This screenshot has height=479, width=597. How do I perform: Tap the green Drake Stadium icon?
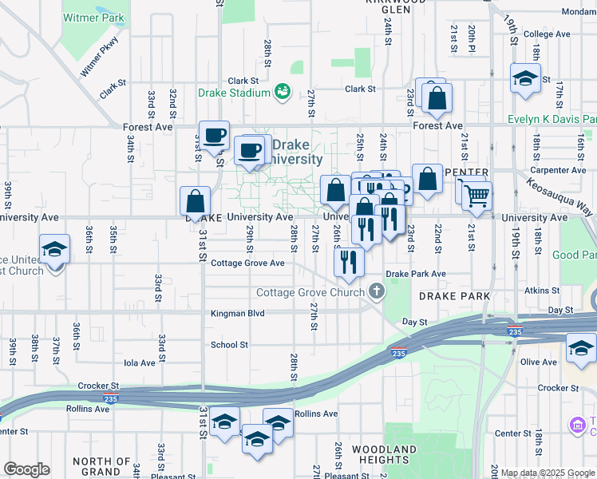pyautogui.click(x=283, y=93)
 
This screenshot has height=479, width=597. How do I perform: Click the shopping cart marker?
pyautogui.click(x=476, y=194)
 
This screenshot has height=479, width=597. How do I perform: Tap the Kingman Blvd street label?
pyautogui.click(x=237, y=314)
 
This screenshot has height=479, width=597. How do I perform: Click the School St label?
pyautogui.click(x=229, y=345)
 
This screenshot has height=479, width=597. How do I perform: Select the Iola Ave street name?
pyautogui.click(x=138, y=362)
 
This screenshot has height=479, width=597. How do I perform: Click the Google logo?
pyautogui.click(x=26, y=469)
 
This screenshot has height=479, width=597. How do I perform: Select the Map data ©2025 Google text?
pyautogui.click(x=548, y=473)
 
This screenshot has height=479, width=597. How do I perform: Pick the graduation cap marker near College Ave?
pyautogui.click(x=525, y=78)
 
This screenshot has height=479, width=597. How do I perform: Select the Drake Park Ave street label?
pyautogui.click(x=416, y=274)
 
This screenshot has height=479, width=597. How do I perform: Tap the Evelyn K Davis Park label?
pyautogui.click(x=552, y=120)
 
